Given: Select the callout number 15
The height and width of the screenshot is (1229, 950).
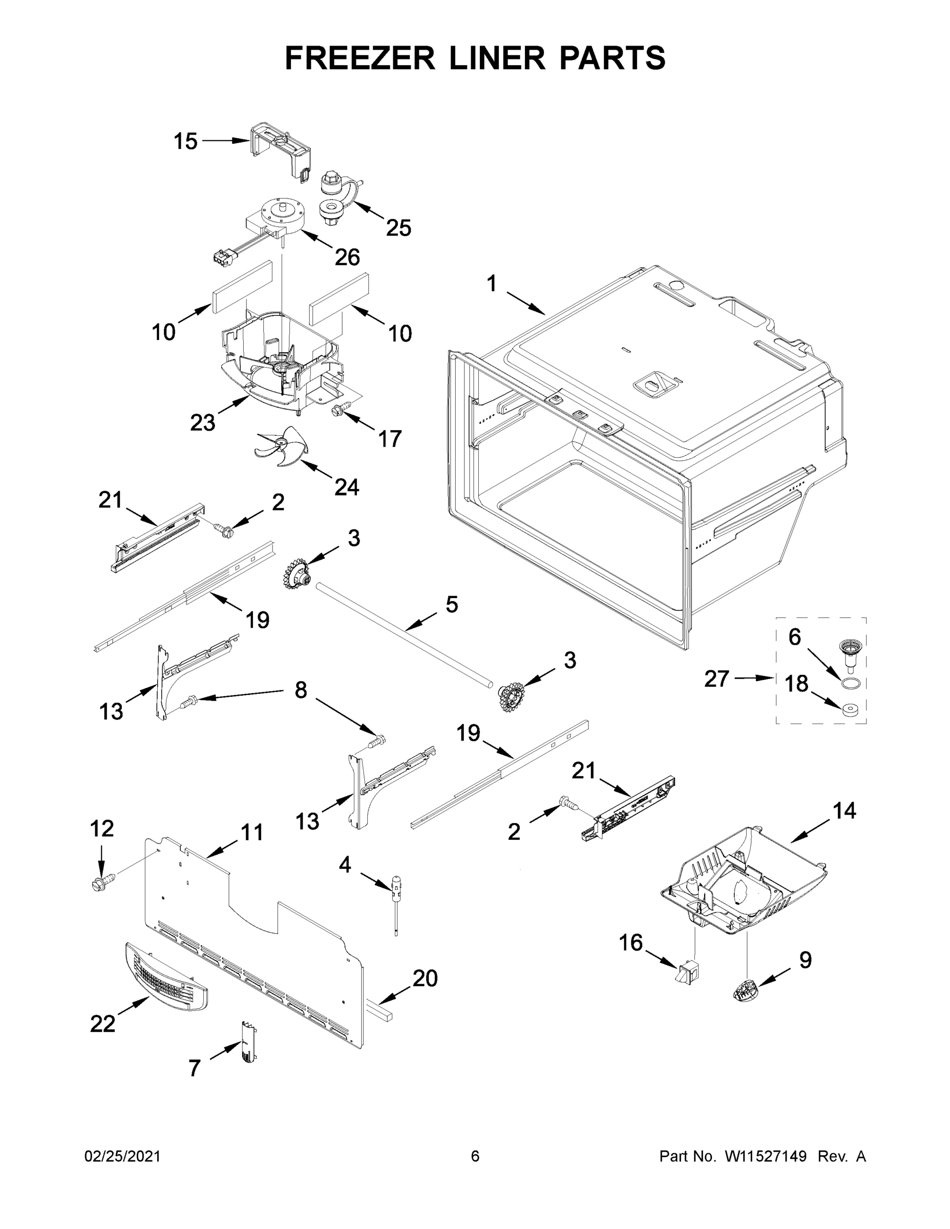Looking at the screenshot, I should pos(185,141).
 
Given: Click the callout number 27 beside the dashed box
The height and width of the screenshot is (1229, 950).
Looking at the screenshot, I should pos(717,679).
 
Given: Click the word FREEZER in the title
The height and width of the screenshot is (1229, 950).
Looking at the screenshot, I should pos(360,58).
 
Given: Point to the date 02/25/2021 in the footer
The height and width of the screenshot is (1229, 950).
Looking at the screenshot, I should pos(122,1156).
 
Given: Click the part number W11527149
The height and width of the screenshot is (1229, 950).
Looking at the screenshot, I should pos(766,1156).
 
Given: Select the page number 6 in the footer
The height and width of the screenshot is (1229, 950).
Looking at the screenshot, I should pos(475,1156).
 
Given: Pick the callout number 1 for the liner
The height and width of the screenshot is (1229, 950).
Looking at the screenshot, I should pos(491,284).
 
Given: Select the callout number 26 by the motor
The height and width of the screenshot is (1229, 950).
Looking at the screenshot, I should pos(347,257).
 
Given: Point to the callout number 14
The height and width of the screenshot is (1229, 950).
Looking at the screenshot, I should pos(844,810).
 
